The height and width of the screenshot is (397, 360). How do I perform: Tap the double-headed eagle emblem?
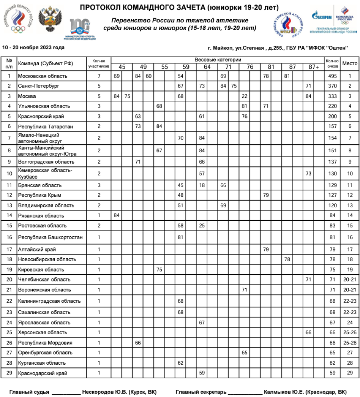click(x=50, y=19)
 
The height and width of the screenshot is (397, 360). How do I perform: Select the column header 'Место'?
click(x=350, y=63)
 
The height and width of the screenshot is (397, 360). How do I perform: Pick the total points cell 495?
click(x=332, y=76)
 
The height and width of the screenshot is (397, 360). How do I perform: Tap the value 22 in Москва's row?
click(x=244, y=96)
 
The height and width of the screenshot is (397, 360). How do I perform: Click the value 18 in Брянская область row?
click(x=202, y=185)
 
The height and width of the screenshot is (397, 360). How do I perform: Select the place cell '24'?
click(x=350, y=322)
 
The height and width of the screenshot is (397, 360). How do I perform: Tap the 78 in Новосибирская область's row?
click(x=287, y=259)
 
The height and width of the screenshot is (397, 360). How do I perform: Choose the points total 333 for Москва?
click(x=332, y=96)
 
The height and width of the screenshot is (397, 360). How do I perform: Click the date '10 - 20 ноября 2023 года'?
click(x=33, y=48)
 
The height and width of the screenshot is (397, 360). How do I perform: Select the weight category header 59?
click(x=186, y=67)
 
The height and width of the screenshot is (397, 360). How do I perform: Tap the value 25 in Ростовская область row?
click(x=202, y=225)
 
